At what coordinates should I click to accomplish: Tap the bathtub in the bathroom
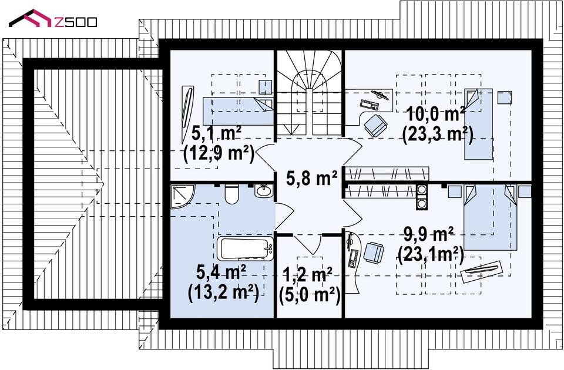point(246,248)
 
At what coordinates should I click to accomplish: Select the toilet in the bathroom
point(231,194)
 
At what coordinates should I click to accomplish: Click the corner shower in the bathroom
point(183,196)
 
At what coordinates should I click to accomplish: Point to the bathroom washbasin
point(265,190)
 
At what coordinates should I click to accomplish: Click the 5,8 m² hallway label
point(312,178)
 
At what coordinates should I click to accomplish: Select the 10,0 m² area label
point(435,115)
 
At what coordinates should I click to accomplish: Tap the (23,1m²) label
point(431,254)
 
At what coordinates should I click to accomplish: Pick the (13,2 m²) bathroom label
point(223,293)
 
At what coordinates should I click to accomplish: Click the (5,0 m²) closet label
point(310,295)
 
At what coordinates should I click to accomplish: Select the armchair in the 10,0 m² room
point(375,125)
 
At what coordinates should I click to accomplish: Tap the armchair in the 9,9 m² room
point(374,253)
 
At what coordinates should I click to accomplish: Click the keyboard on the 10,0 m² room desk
point(369,105)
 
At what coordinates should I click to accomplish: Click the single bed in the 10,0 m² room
point(478,124)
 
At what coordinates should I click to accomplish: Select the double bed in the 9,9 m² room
point(491,217)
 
